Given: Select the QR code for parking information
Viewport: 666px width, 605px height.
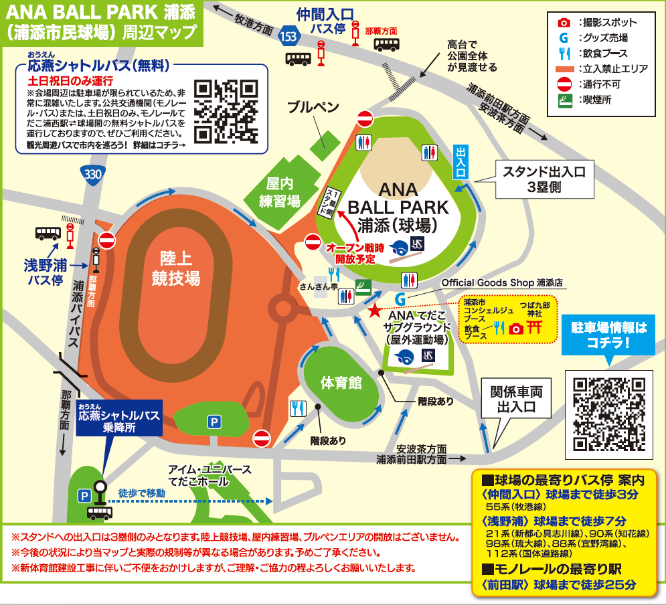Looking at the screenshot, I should click(608, 413).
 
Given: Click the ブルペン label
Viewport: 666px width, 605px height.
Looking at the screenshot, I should click(314, 108).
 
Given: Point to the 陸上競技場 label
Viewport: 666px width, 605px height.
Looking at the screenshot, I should click(179, 268).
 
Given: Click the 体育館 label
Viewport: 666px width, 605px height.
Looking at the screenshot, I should click(341, 383).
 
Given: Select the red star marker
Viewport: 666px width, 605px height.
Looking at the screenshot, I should click(374, 311).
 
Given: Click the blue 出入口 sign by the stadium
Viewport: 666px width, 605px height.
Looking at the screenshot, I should click(461, 162).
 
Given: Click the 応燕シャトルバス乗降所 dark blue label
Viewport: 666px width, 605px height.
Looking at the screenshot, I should click(119, 421).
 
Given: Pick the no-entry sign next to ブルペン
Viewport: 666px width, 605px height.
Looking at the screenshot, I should click(365, 119).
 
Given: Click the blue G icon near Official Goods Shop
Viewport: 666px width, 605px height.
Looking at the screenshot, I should click(400, 298).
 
